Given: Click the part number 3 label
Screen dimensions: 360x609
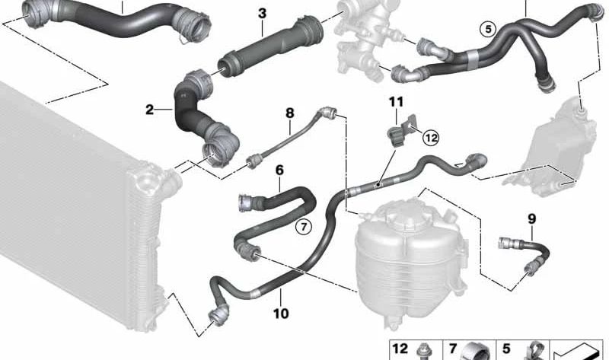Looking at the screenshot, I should [x=262, y=14].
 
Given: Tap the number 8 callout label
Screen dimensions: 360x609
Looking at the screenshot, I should [x=289, y=113].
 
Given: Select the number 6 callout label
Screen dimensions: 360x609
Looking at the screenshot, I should [x=279, y=171].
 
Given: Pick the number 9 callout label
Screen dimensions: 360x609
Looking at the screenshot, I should [x=531, y=219].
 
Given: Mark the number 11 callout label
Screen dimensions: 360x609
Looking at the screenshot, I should [x=395, y=102].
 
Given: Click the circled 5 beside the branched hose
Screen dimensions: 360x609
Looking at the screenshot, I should [x=487, y=30].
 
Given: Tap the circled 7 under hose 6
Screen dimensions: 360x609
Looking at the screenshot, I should [x=304, y=226].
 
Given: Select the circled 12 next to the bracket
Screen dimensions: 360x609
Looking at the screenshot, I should [x=431, y=138].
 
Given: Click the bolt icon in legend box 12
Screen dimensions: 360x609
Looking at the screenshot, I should [x=423, y=352].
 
